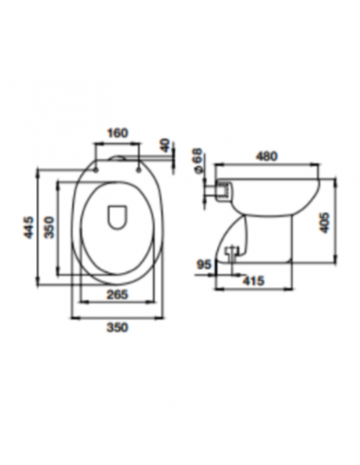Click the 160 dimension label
118,133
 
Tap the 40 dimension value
165,145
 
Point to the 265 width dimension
117,295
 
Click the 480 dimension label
266,156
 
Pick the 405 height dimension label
324,222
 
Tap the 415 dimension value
253,281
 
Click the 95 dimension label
204,265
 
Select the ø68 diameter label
197,161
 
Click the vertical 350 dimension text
49,227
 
